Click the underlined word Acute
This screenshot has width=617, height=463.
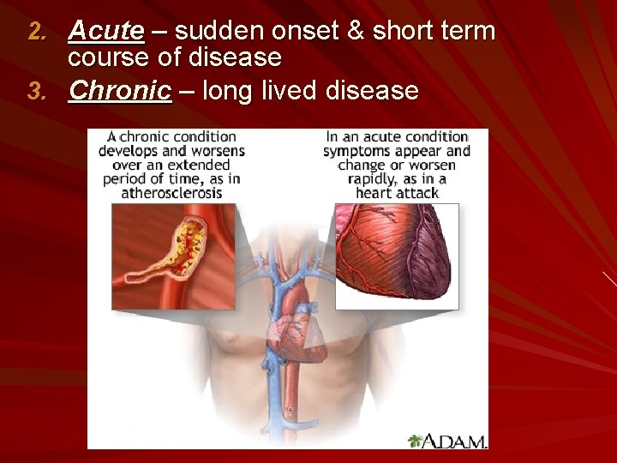pyautogui.click(x=106, y=32)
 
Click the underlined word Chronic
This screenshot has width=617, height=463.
pyautogui.click(x=120, y=90)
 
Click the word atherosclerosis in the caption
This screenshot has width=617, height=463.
pyautogui.click(x=171, y=193)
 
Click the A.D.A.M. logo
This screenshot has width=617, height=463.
pyautogui.click(x=447, y=441)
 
